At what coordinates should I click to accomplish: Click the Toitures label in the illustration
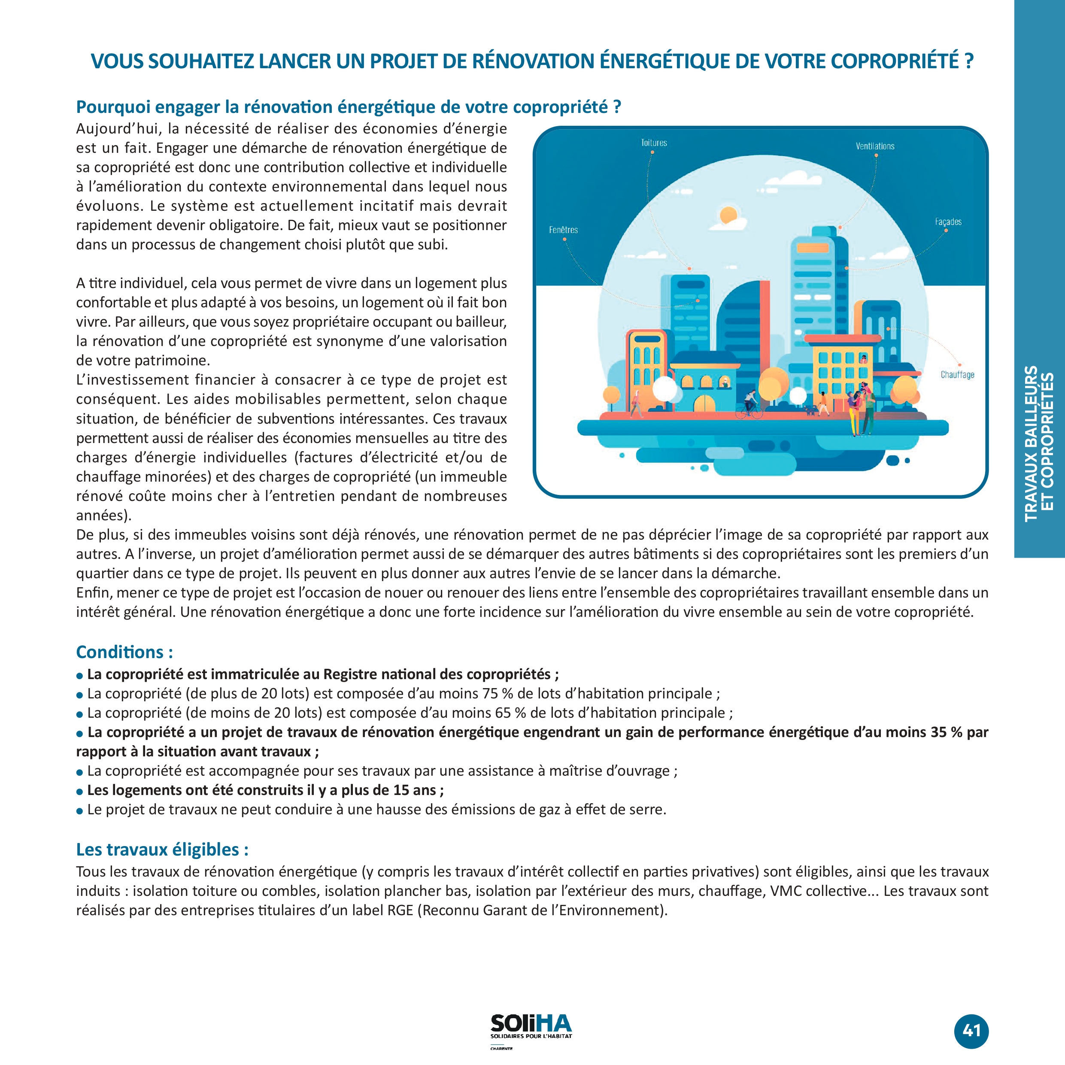click(x=654, y=143)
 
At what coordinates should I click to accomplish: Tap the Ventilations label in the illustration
click(x=875, y=146)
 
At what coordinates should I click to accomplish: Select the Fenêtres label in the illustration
click(x=563, y=230)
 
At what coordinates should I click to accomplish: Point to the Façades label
click(x=948, y=221)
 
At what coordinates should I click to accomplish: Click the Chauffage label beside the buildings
click(x=958, y=375)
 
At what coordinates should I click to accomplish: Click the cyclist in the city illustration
click(x=749, y=404)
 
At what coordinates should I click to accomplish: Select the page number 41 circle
click(x=971, y=1031)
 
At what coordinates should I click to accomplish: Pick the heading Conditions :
click(x=124, y=652)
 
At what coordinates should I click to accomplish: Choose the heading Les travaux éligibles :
click(x=162, y=850)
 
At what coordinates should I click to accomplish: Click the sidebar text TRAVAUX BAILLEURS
click(x=1031, y=444)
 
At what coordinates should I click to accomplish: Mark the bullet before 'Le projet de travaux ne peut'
click(x=80, y=811)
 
